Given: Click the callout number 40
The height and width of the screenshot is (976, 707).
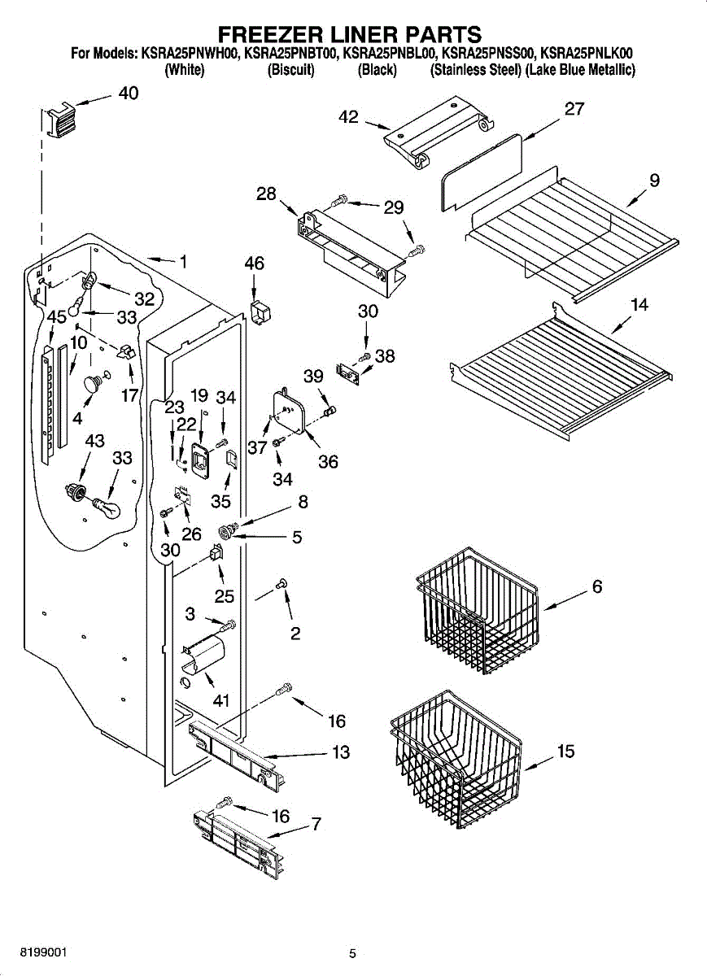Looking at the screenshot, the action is (x=129, y=93).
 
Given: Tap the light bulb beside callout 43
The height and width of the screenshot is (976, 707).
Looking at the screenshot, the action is (x=106, y=508).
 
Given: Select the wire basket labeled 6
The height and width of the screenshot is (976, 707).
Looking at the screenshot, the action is (x=478, y=611).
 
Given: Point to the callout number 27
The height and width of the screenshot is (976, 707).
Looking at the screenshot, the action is (x=574, y=109).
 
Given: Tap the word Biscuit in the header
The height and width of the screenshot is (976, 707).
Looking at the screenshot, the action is (x=290, y=70).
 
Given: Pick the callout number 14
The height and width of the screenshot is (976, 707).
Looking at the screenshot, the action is (x=639, y=304).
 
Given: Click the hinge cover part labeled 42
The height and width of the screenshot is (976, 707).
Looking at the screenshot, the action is (x=439, y=132).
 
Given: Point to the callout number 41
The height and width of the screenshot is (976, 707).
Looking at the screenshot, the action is (x=221, y=700).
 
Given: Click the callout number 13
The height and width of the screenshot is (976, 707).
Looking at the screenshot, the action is (x=341, y=752).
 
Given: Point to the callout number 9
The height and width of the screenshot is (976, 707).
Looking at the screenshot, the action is (x=654, y=180).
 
